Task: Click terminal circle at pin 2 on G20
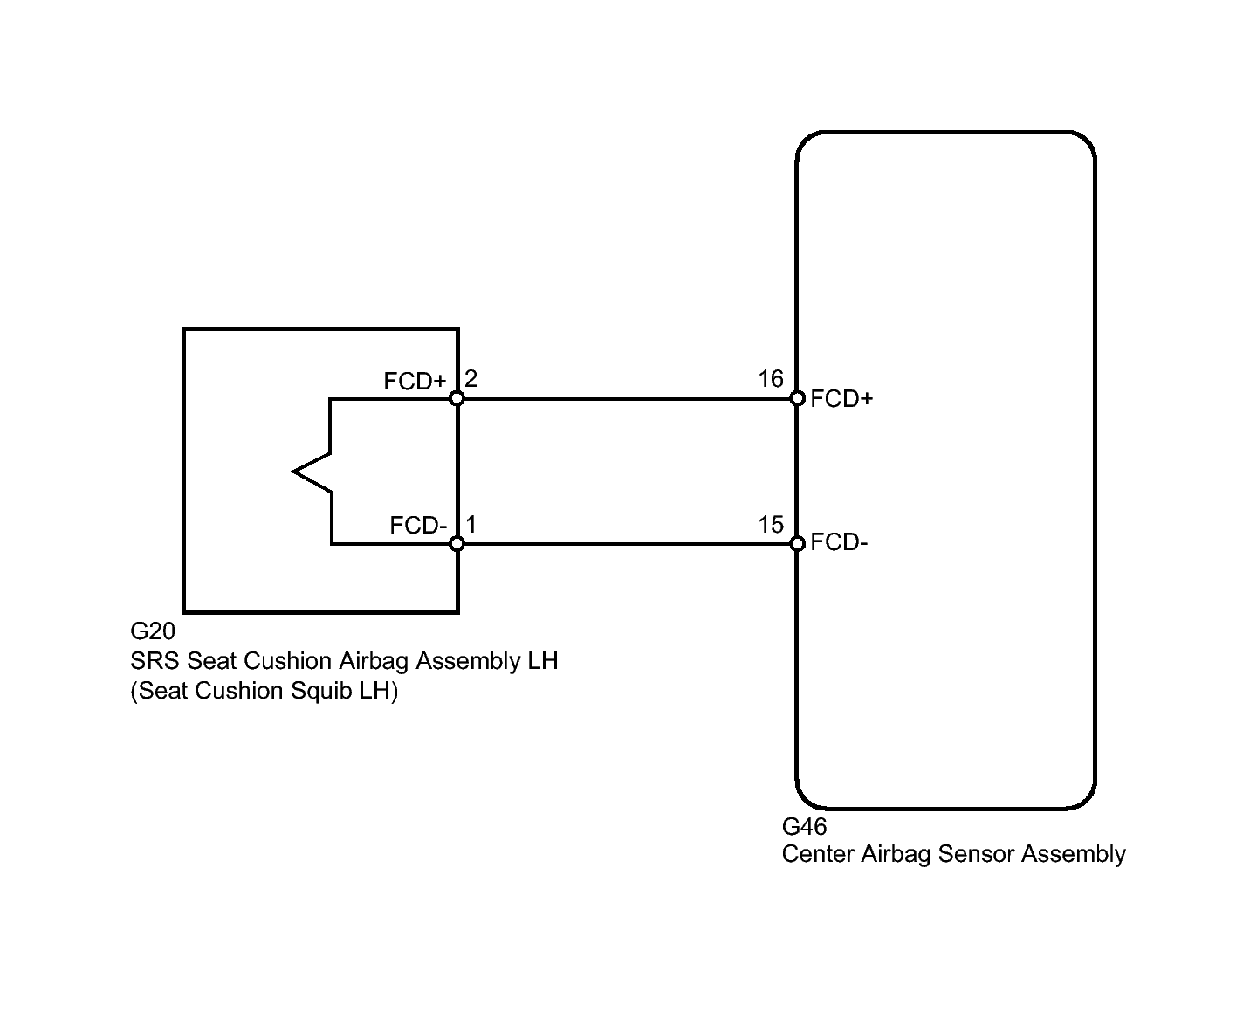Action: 457,399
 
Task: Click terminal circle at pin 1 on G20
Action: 457,543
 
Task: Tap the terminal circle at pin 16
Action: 797,399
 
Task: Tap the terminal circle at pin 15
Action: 797,543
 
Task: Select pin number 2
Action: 470,379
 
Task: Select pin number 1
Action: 471,524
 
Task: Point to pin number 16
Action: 770,379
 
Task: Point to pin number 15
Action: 770,524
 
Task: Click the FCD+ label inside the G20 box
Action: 415,382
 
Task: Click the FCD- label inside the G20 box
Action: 418,526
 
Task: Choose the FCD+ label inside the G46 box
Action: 841,399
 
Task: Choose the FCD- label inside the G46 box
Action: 839,542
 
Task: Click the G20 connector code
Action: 152,631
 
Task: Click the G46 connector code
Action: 804,826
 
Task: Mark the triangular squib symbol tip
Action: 293,472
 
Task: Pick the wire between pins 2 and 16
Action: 627,399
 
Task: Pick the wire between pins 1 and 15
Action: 627,543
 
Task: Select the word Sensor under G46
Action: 975,854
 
